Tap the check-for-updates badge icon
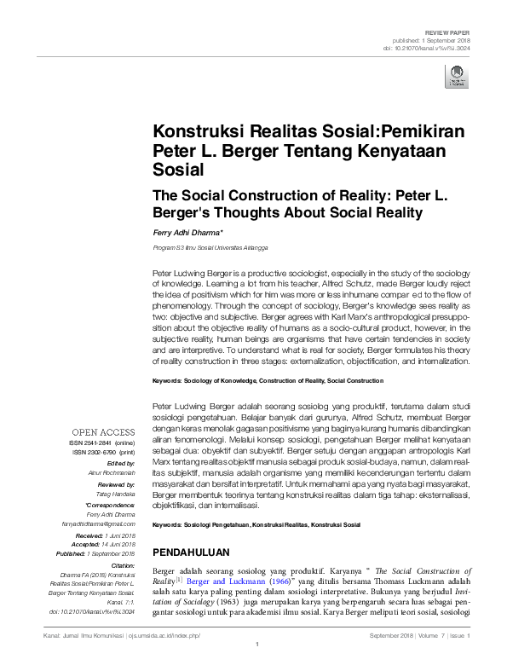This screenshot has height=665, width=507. pos(457,78)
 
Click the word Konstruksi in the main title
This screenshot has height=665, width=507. pos(193,132)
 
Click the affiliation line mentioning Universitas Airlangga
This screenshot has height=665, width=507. pos(210,247)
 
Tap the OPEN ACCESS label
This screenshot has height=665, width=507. pos(103,432)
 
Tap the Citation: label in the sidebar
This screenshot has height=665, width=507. pos(124,564)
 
